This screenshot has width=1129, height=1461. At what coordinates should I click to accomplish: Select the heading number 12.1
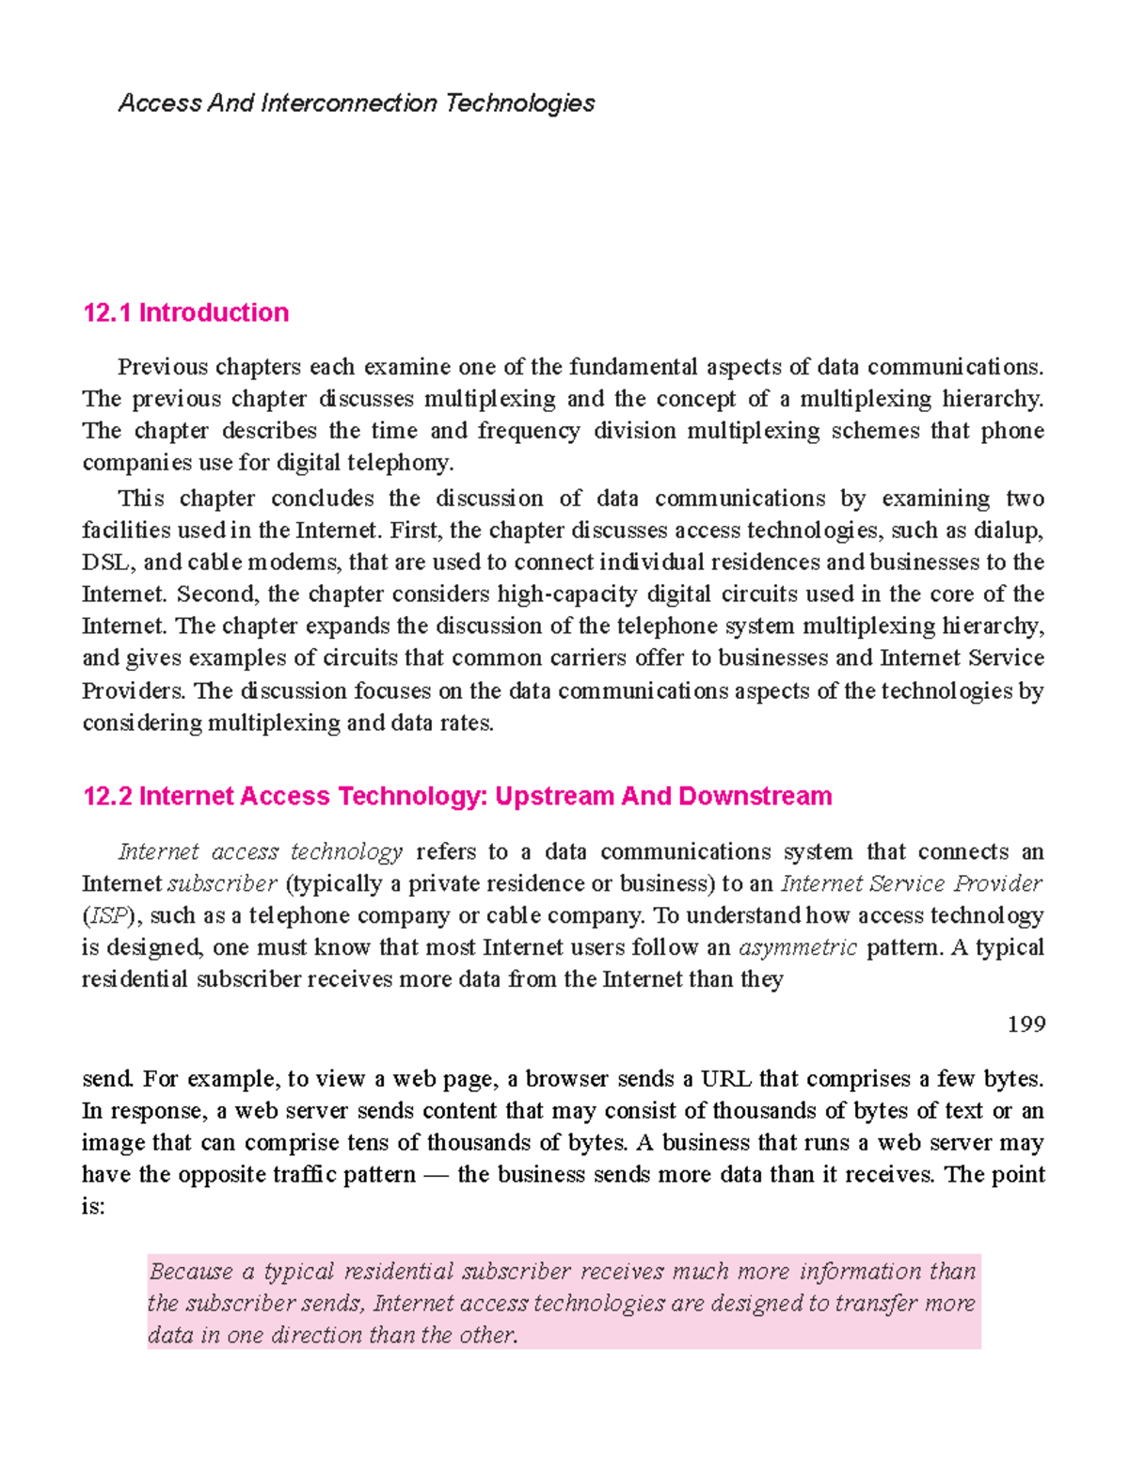(x=106, y=313)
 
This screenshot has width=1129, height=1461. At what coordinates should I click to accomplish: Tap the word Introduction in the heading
(x=214, y=313)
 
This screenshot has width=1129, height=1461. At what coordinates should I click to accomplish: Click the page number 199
(x=1026, y=1024)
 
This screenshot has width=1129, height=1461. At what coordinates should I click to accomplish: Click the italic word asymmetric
(x=798, y=948)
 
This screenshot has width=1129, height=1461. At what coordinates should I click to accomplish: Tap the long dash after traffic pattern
(x=436, y=1175)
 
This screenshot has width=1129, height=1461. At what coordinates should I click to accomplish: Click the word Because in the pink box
(x=191, y=1272)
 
